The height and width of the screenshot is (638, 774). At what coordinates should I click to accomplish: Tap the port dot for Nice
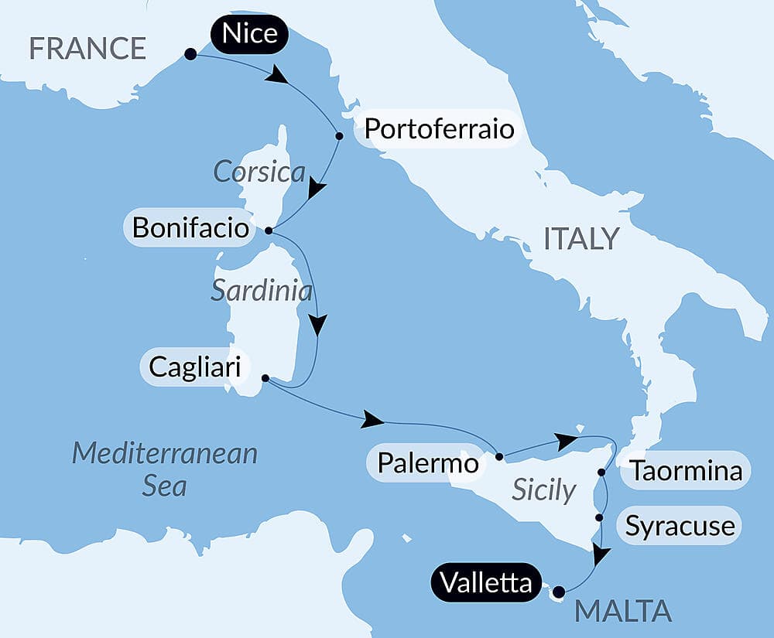pyautogui.click(x=190, y=54)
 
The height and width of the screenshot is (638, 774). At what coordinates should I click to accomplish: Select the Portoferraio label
pyautogui.click(x=439, y=128)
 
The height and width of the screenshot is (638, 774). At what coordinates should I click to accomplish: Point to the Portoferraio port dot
pyautogui.click(x=339, y=135)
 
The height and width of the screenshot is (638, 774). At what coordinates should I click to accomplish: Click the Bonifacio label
pyautogui.click(x=190, y=228)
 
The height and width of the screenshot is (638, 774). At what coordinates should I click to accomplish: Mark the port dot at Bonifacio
pyautogui.click(x=268, y=230)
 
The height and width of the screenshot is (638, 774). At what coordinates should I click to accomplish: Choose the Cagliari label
pyautogui.click(x=194, y=367)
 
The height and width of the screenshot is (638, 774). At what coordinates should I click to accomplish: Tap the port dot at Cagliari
pyautogui.click(x=265, y=378)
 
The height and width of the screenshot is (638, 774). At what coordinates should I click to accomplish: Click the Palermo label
pyautogui.click(x=428, y=462)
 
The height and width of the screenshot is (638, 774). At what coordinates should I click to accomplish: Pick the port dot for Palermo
pyautogui.click(x=498, y=456)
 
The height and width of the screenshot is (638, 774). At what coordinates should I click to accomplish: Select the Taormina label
pyautogui.click(x=685, y=470)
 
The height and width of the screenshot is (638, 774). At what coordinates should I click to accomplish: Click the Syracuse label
pyautogui.click(x=680, y=527)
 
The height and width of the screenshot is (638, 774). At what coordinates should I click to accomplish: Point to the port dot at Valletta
pyautogui.click(x=559, y=592)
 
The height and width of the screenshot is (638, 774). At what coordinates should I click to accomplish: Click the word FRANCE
pyautogui.click(x=87, y=49)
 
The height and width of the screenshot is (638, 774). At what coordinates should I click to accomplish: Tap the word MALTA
pyautogui.click(x=623, y=611)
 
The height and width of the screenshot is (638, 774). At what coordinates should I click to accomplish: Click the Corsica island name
pyautogui.click(x=259, y=172)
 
